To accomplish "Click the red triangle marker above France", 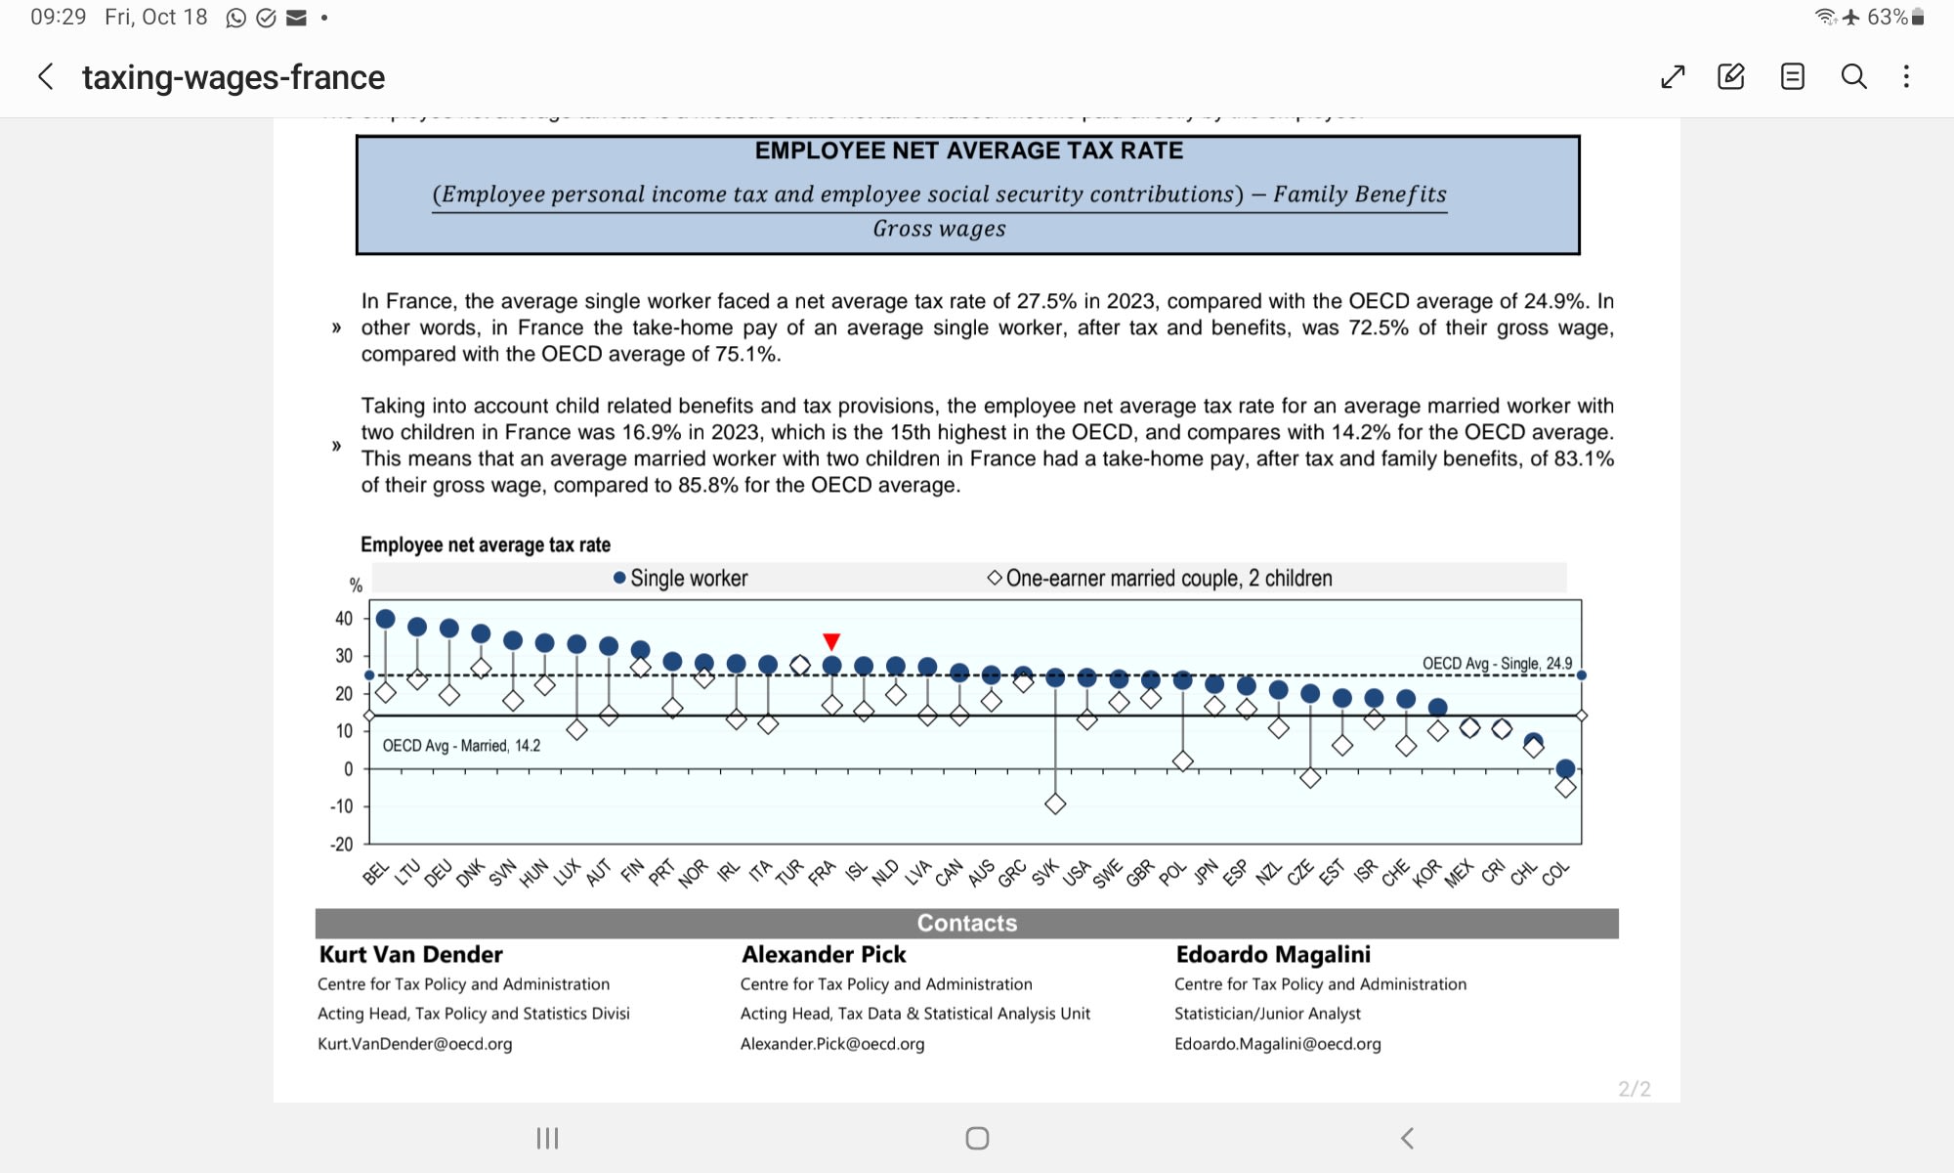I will click(x=831, y=641).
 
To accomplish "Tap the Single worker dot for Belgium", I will click(x=385, y=619).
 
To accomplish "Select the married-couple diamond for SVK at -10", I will click(x=1055, y=804).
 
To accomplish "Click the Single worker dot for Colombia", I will click(x=1565, y=768).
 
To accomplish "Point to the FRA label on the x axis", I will click(x=822, y=872).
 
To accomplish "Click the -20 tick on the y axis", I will click(x=342, y=845).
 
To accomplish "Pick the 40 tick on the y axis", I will click(x=344, y=619).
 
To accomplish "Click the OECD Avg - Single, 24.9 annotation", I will click(x=1497, y=664).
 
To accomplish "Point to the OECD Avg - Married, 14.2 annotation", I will click(x=461, y=746).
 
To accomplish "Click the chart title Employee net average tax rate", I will click(x=486, y=544).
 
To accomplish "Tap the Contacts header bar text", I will click(x=966, y=923).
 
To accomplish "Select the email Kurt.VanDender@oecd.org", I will click(x=414, y=1044).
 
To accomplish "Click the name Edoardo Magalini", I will click(x=1272, y=954).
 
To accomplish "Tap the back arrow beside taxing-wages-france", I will click(x=46, y=77).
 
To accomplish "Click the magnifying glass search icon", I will click(x=1853, y=76).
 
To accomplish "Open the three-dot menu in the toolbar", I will click(x=1906, y=76).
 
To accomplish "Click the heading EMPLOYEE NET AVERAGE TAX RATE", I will click(x=968, y=151).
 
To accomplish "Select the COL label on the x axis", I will click(x=1555, y=873).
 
